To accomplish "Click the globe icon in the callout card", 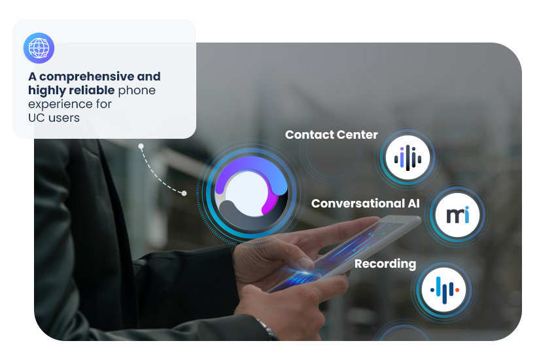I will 39,48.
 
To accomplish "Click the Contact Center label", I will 331,135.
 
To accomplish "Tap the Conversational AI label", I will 365,204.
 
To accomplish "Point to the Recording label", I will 385,264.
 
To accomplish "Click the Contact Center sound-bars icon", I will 408,157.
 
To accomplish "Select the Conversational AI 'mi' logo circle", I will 457,215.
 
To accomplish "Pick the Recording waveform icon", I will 443,289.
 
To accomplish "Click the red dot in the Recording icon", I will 457,289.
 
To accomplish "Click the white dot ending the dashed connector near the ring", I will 184,193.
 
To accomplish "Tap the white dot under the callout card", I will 140,146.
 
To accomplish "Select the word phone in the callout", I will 137,90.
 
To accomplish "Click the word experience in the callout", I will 63,103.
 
